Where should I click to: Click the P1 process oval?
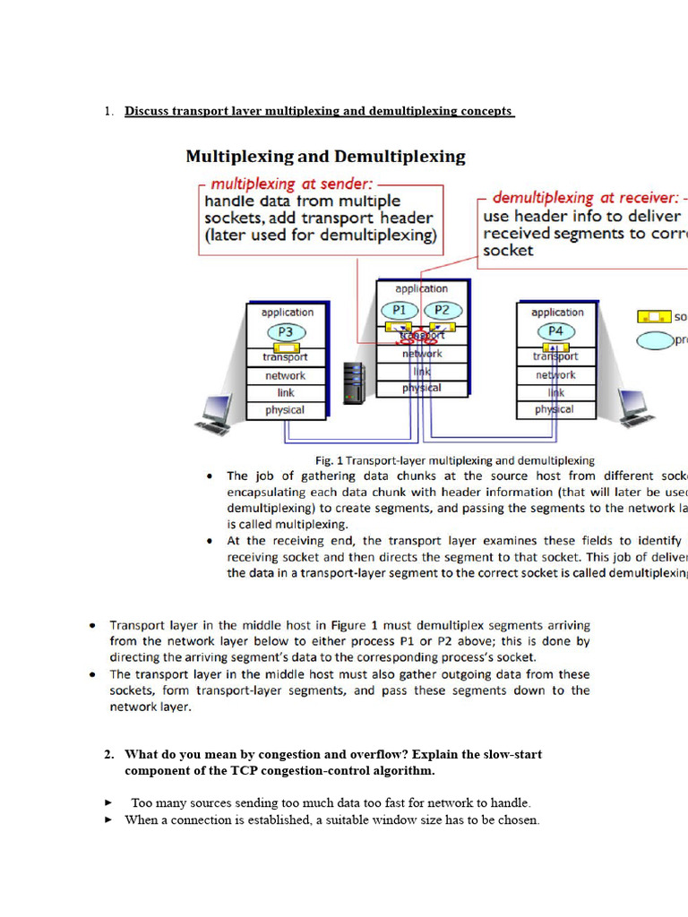(x=400, y=310)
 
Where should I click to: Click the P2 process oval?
(x=442, y=310)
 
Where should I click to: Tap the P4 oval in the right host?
(x=555, y=331)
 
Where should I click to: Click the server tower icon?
(x=356, y=382)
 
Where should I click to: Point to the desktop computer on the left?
(x=216, y=413)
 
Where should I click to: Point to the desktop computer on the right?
(x=634, y=410)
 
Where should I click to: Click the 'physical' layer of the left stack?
(x=285, y=410)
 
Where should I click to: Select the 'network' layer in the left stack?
(x=285, y=376)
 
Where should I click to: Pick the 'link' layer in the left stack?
(x=285, y=393)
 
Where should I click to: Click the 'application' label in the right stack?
(x=556, y=313)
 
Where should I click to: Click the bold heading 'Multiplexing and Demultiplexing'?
(x=325, y=157)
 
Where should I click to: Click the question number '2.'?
(x=108, y=754)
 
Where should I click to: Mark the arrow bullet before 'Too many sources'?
(x=108, y=803)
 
